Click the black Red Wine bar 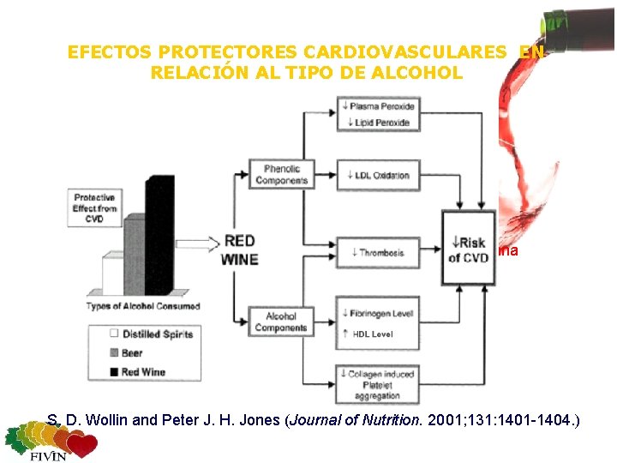pos(159,235)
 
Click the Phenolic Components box pos(281,175)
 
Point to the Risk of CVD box pos(468,249)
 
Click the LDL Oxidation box pos(380,175)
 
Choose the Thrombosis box pos(380,252)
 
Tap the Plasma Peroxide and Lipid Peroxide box pos(380,114)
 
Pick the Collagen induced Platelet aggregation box pos(380,382)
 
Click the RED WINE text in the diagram pos(241,250)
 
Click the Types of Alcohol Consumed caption pos(143,306)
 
